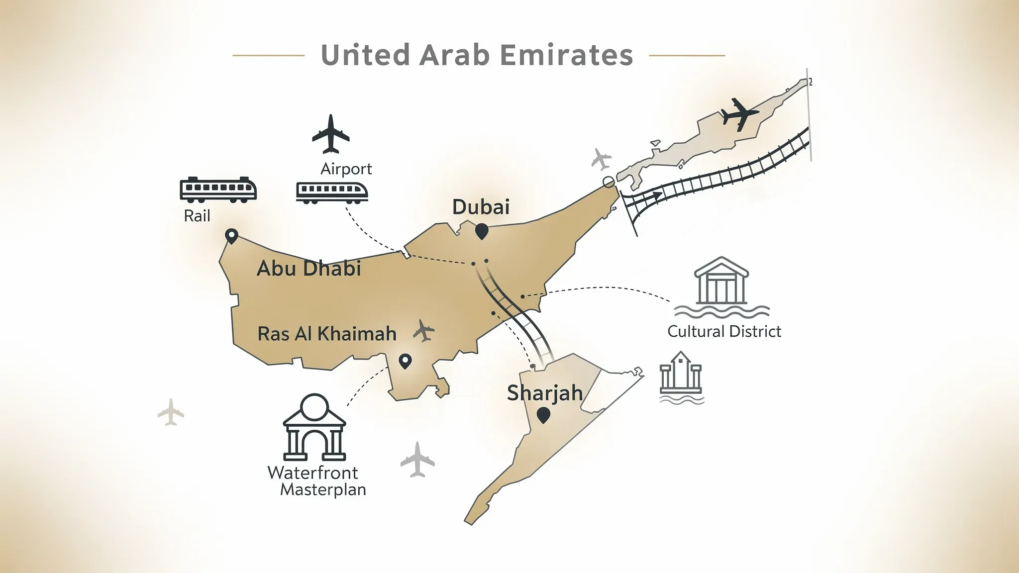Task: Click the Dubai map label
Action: click(x=481, y=207)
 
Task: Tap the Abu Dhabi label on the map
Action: click(x=308, y=269)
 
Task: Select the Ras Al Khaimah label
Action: click(x=326, y=334)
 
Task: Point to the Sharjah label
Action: click(x=545, y=393)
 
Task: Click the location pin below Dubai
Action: click(x=481, y=231)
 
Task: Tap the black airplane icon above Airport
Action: click(x=330, y=134)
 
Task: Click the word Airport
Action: click(x=346, y=169)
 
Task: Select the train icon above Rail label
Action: click(x=218, y=190)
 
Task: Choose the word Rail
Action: click(x=197, y=216)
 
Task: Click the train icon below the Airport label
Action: click(x=332, y=192)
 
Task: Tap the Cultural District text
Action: click(x=724, y=332)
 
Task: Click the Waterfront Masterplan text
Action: click(x=317, y=480)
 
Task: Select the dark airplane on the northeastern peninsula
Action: click(x=739, y=114)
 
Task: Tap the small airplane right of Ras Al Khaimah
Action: click(x=424, y=330)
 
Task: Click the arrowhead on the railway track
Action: click(x=658, y=195)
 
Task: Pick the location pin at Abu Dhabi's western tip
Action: click(x=231, y=236)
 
